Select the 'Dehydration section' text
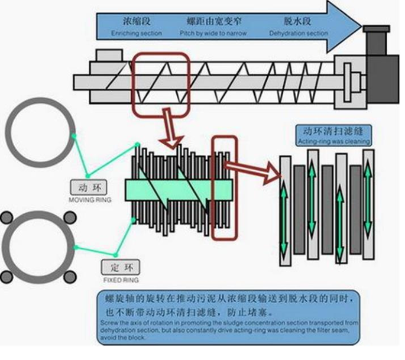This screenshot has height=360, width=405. (x=298, y=34)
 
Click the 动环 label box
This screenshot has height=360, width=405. (x=88, y=189)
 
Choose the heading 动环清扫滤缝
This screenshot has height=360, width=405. (x=336, y=131)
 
